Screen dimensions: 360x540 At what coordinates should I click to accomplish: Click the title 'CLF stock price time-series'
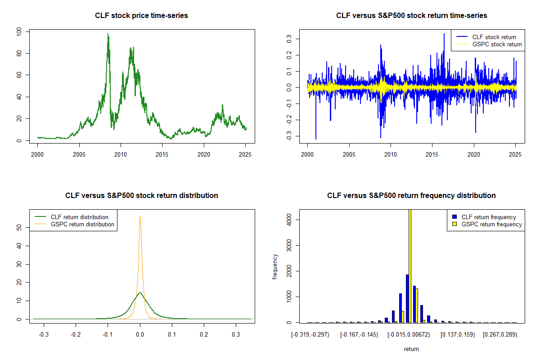(141, 16)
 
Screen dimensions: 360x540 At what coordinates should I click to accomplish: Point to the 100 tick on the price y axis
(19, 31)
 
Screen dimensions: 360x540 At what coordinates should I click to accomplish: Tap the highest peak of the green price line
(108, 34)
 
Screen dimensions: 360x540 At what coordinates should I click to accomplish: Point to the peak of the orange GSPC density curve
(140, 216)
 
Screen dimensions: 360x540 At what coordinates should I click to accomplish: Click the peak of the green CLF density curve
(139, 293)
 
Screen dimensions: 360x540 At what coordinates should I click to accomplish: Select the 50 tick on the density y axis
(19, 228)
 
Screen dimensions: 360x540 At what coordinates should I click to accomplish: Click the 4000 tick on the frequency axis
(289, 220)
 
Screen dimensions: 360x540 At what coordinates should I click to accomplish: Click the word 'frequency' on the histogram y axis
(275, 267)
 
